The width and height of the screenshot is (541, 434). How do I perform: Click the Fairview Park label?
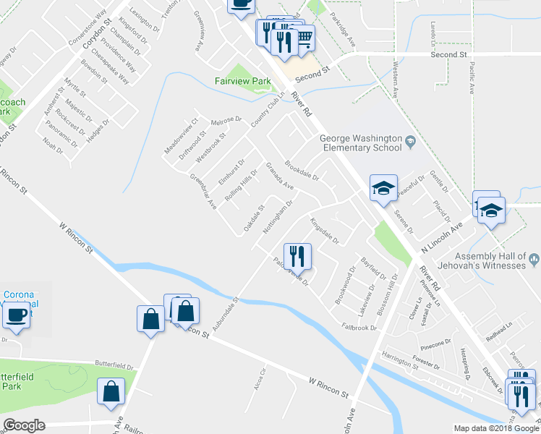242,82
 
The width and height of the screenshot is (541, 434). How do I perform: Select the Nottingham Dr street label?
277,216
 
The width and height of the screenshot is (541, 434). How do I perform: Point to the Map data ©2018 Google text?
496,428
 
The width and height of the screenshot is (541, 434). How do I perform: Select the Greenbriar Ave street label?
203,191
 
